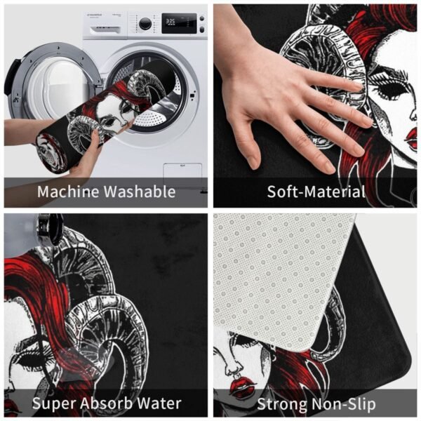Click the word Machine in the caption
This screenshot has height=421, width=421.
click(68, 192)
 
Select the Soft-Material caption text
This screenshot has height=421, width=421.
click(316, 192)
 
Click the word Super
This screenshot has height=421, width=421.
click(55, 404)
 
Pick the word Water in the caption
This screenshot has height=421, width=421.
click(159, 403)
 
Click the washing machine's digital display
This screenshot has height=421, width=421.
click(179, 23)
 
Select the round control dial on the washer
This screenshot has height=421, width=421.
click(145, 24)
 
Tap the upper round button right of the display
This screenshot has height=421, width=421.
click(202, 18)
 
